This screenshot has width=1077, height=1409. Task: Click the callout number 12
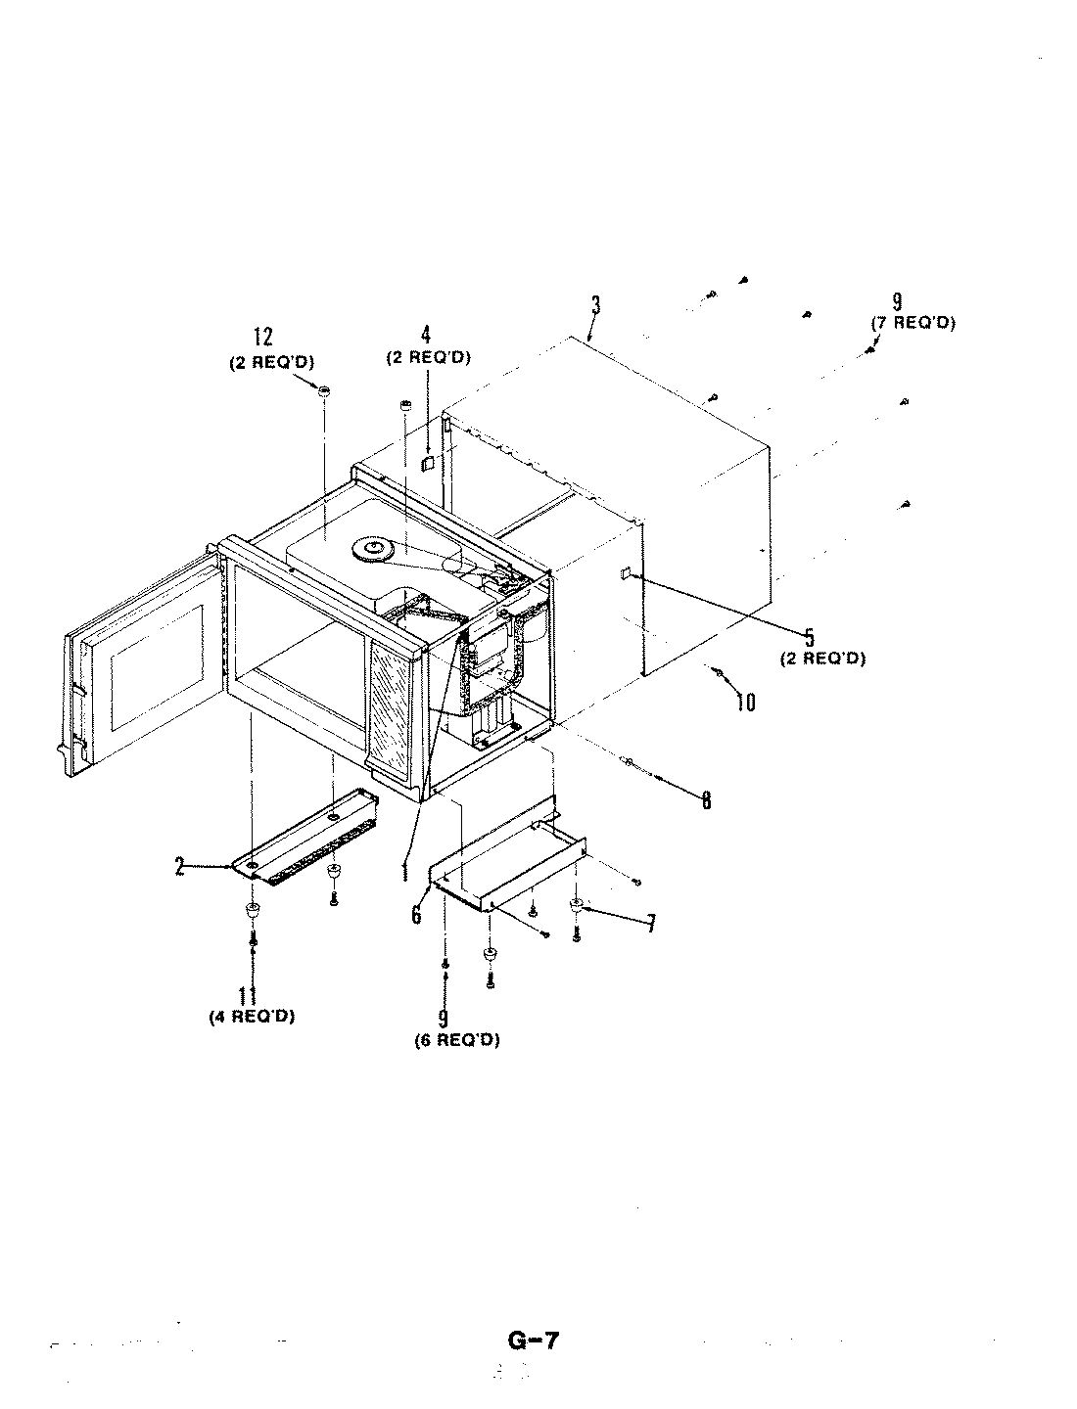(263, 339)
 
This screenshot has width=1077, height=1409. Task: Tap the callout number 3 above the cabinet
(595, 306)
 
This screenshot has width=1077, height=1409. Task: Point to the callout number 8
(705, 799)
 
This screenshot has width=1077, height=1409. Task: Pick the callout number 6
(416, 914)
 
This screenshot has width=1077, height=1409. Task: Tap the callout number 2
(179, 866)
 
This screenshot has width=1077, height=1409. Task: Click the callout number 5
(810, 638)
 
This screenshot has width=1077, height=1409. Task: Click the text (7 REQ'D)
(913, 323)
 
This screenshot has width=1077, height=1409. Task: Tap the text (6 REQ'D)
(456, 1040)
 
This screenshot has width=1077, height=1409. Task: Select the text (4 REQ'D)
(252, 1016)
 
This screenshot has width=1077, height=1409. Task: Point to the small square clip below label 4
(428, 462)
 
